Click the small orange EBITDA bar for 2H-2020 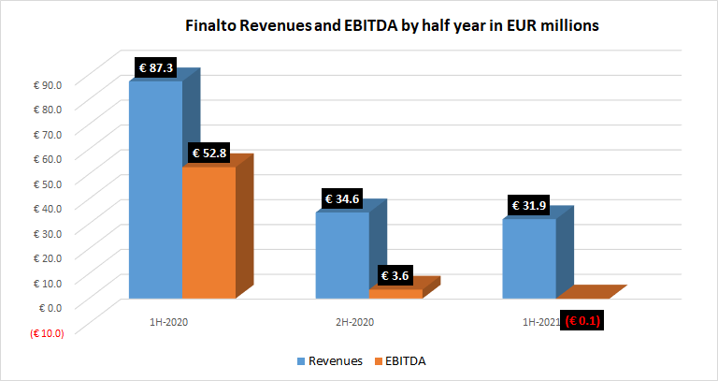point(396,293)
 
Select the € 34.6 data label point(342,199)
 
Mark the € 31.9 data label point(531,206)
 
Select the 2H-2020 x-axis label point(355,321)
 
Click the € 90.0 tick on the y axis point(47,83)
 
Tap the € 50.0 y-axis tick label point(47,182)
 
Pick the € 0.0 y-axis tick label point(49,306)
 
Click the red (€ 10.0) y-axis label point(46,331)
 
